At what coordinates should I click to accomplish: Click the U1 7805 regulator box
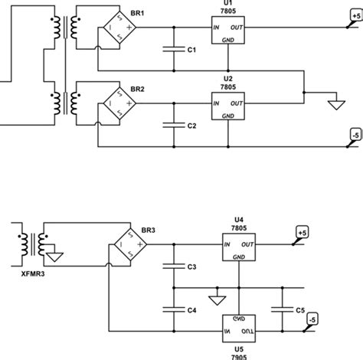pos(228,34)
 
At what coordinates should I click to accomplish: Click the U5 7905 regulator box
pos(238,327)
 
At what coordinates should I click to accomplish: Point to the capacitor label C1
pos(193,50)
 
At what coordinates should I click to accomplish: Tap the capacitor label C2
pos(193,125)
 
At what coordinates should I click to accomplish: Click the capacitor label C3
pos(193,267)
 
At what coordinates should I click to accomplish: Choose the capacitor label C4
pos(193,310)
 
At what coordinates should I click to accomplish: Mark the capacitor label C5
pos(300,310)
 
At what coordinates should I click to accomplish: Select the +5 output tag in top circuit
pos(355,15)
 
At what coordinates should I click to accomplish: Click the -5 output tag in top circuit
pos(355,135)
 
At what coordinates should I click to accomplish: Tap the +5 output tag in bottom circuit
pos(302,231)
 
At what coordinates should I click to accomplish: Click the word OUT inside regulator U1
pos(237,28)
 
